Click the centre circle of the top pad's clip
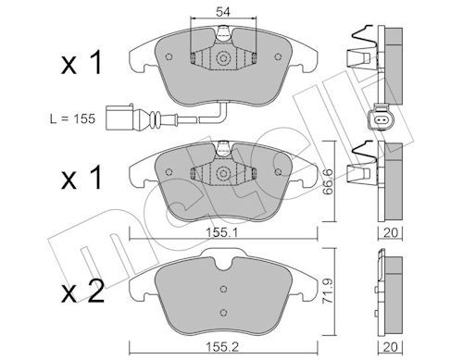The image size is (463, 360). (222, 58)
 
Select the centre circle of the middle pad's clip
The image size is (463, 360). (222, 173)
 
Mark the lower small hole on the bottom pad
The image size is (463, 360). (222, 309)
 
